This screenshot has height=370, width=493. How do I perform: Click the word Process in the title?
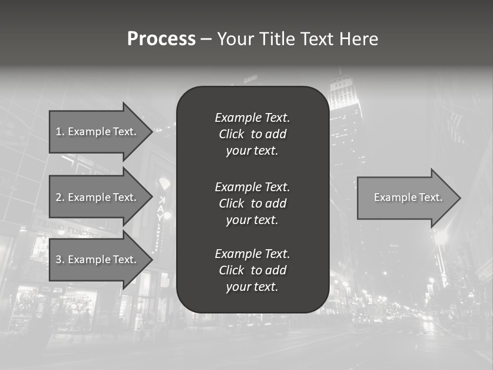161,39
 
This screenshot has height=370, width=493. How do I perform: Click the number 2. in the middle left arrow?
60,197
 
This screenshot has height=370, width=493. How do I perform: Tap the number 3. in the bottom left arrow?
60,260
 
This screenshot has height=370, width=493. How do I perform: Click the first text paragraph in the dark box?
252,134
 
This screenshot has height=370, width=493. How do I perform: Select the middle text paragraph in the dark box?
252,203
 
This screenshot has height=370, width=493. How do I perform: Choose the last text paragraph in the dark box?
252,270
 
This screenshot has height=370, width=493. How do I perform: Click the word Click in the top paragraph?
232,134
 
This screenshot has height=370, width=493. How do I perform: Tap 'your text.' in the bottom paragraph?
252,287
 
